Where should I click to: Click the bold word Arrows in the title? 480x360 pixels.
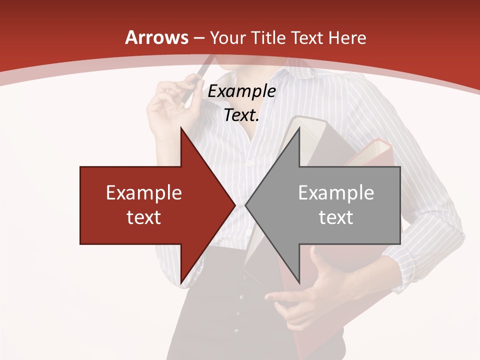pyautogui.click(x=156, y=37)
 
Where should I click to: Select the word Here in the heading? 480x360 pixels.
pyautogui.click(x=347, y=37)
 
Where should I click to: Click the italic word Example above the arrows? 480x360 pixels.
pyautogui.click(x=241, y=91)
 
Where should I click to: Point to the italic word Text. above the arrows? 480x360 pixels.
pyautogui.click(x=241, y=115)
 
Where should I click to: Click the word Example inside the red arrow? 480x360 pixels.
pyautogui.click(x=144, y=192)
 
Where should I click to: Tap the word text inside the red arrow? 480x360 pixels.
pyautogui.click(x=144, y=217)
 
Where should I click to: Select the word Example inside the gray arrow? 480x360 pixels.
pyautogui.click(x=336, y=192)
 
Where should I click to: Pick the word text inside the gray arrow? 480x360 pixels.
pyautogui.click(x=336, y=217)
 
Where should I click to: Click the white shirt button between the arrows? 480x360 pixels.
pyautogui.click(x=248, y=163)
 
